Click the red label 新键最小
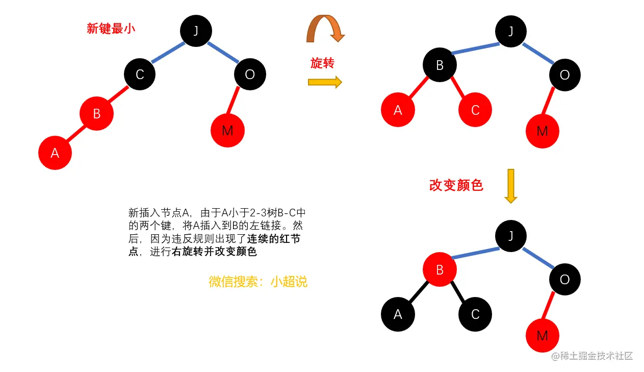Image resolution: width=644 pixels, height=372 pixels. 111,29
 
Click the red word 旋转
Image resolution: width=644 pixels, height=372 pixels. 322,63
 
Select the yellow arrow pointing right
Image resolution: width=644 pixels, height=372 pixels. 325,82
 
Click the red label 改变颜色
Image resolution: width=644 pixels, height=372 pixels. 456,185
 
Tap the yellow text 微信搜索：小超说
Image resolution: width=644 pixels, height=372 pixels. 258,281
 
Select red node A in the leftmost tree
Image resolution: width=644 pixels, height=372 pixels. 55,153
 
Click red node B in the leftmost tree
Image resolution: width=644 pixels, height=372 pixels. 96,113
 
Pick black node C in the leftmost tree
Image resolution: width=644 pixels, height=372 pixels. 140,75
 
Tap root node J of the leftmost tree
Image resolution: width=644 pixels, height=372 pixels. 196,31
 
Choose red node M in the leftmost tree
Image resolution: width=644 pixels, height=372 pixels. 227,130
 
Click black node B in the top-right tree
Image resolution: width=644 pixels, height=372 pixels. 440,65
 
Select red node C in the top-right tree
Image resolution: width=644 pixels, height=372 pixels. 475,110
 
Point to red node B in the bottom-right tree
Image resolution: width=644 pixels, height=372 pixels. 440,270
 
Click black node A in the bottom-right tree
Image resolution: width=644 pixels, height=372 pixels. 398,314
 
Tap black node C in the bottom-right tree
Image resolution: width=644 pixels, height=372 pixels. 475,314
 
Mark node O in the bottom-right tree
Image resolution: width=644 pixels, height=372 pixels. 564,279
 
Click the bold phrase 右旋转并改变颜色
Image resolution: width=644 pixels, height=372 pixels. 215,252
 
